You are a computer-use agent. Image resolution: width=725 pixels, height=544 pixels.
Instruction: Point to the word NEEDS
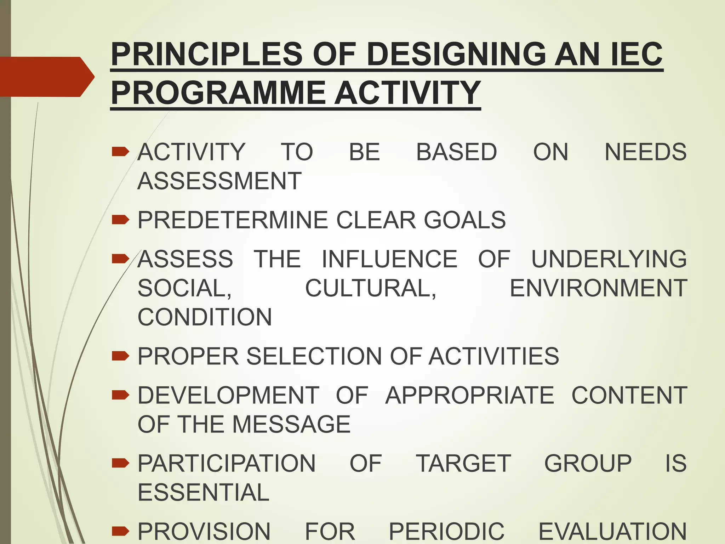(x=645, y=152)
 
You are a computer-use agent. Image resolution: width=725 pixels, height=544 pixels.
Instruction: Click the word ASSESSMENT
(x=219, y=181)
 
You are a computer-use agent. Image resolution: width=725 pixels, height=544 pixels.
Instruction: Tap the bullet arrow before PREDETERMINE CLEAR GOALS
(x=120, y=220)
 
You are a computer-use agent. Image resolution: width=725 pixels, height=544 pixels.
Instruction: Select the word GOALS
(x=465, y=220)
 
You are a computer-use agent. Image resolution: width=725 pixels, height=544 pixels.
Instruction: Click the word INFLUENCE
(x=389, y=259)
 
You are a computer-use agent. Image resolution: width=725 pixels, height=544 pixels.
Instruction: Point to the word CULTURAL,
(x=371, y=288)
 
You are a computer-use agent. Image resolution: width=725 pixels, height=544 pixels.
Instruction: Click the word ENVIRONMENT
(x=598, y=288)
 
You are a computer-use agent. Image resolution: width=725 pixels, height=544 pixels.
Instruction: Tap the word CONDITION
(x=205, y=317)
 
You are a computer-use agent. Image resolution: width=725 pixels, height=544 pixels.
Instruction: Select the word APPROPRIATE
(x=470, y=395)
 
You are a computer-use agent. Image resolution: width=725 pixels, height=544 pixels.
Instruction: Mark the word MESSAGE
(x=291, y=424)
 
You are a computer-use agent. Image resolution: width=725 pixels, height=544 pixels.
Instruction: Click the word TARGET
(x=463, y=463)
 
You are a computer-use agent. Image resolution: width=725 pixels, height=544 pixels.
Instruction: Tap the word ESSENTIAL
(x=204, y=492)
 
